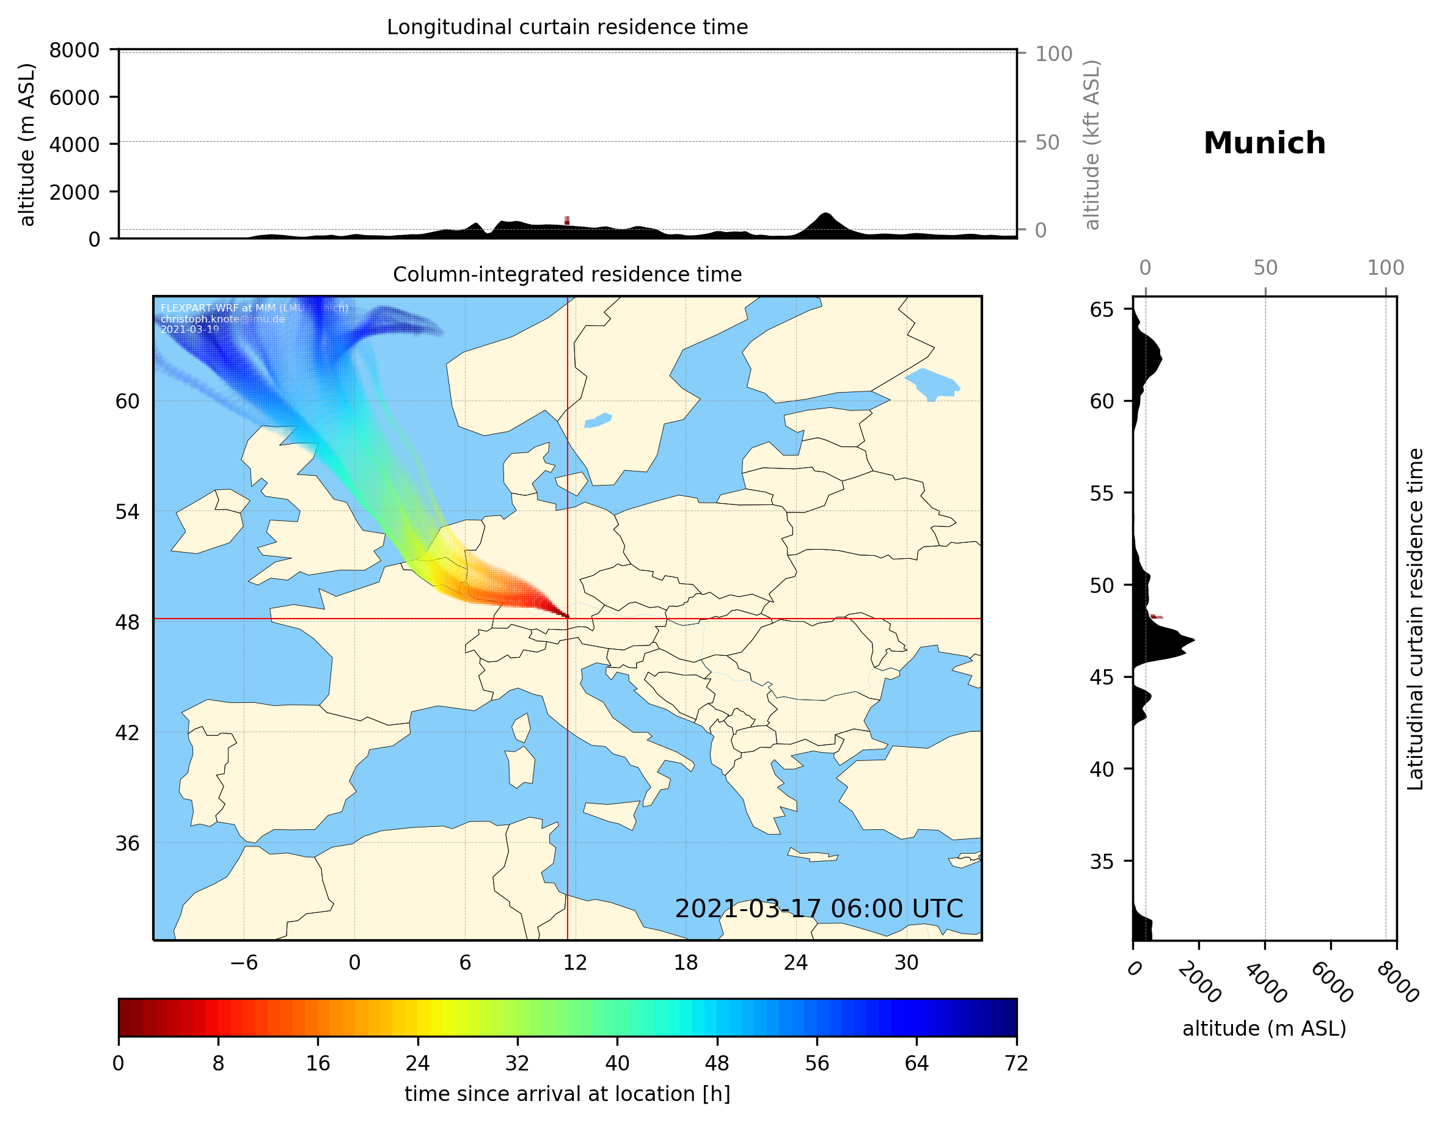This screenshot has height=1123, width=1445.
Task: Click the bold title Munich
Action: (1264, 144)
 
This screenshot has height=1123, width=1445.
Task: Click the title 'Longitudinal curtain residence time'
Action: (567, 27)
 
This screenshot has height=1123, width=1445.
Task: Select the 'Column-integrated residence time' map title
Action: (567, 274)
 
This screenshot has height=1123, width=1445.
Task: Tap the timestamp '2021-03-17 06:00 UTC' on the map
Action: (819, 909)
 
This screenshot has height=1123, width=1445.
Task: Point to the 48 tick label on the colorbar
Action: (717, 1064)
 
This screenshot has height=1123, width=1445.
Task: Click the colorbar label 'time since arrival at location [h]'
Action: (567, 1094)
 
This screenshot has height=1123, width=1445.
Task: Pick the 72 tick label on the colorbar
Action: (1016, 1064)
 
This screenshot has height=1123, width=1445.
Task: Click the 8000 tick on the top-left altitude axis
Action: (74, 50)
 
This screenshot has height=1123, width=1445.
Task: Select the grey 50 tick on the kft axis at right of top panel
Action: (1047, 142)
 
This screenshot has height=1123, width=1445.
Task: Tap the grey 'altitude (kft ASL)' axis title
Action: (1092, 145)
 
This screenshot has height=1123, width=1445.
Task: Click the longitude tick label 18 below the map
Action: (686, 962)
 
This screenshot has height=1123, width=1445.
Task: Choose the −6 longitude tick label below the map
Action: (243, 962)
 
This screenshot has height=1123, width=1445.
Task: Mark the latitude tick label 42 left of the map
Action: (127, 733)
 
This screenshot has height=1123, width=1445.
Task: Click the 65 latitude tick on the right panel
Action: (1102, 310)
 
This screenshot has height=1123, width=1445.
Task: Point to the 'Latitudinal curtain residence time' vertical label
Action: (1414, 619)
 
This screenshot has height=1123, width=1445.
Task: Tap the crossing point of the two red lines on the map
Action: (568, 619)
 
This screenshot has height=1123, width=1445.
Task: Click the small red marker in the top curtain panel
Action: (567, 220)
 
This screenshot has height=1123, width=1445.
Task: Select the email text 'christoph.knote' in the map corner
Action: (199, 319)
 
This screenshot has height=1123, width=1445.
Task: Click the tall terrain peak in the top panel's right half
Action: (824, 216)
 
